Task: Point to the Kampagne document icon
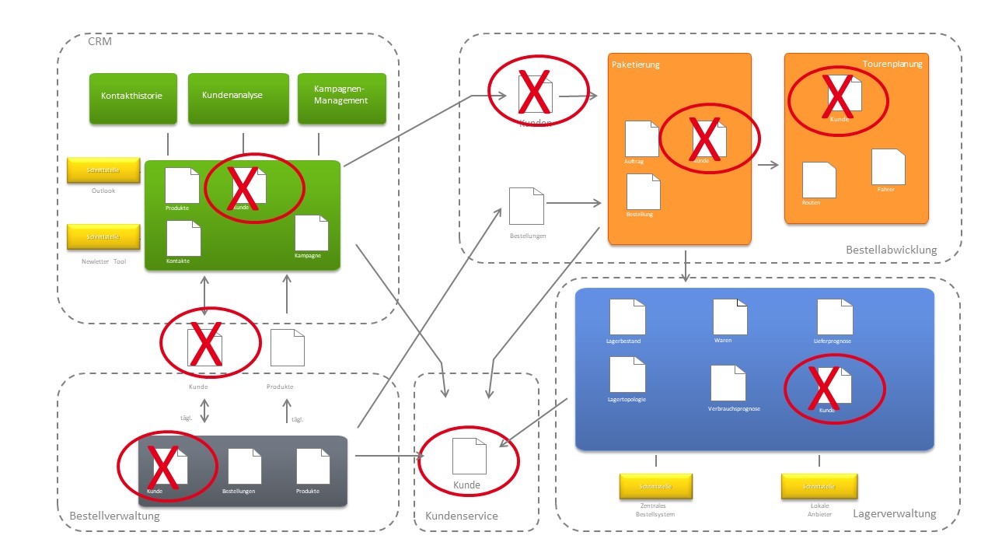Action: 312,233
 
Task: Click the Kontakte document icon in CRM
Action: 183,238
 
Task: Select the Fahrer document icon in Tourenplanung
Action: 888,166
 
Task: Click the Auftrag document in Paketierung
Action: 642,138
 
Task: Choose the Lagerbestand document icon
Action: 627,317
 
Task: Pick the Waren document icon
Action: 730,317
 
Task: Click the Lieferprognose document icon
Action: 835,317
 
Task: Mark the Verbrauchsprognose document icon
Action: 728,383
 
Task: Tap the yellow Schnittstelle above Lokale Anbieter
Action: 819,486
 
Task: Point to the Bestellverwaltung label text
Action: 114,516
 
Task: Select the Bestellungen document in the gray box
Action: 245,466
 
